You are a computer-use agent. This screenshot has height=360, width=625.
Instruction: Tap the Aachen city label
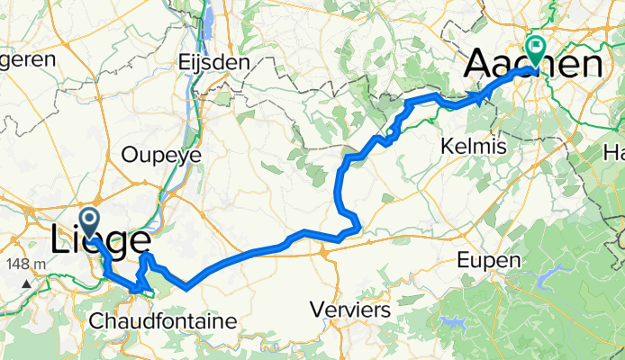pyautogui.click(x=532, y=65)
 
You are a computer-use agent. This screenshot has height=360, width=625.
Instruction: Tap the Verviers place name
pyautogui.click(x=349, y=309)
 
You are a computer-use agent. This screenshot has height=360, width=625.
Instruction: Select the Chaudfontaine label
pyautogui.click(x=163, y=320)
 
